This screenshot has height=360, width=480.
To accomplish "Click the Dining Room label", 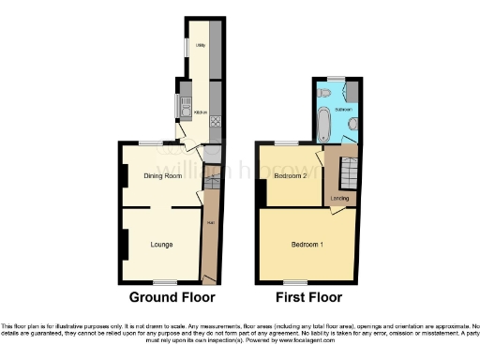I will pyautogui.click(x=162, y=175).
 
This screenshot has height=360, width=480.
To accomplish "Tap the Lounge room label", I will pyautogui.click(x=162, y=245).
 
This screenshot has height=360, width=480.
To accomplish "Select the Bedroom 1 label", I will pyautogui.click(x=307, y=245).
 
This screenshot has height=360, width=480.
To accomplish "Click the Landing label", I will pyautogui.click(x=338, y=198).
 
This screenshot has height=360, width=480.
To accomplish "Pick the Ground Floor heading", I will pyautogui.click(x=172, y=297).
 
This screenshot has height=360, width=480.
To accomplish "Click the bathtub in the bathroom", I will pyautogui.click(x=324, y=122).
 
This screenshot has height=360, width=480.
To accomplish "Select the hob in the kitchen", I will pyautogui.click(x=215, y=119).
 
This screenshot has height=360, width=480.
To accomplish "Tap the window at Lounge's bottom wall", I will pyautogui.click(x=165, y=281).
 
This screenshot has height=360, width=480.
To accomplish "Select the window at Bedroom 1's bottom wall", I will pyautogui.click(x=295, y=281).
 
